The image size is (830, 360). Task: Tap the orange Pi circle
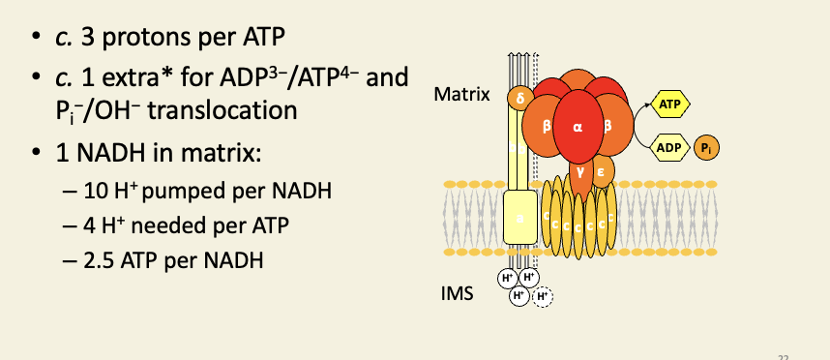pos(710,148)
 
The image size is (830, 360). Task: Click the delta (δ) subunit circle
pos(519,98)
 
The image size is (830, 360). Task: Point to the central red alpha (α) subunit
pos(578,126)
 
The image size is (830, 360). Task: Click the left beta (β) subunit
pos(546,126)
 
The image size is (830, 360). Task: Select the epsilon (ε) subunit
pos(600,171)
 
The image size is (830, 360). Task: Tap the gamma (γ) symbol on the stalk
pos(578,169)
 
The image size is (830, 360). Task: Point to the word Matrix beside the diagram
pos(462,95)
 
